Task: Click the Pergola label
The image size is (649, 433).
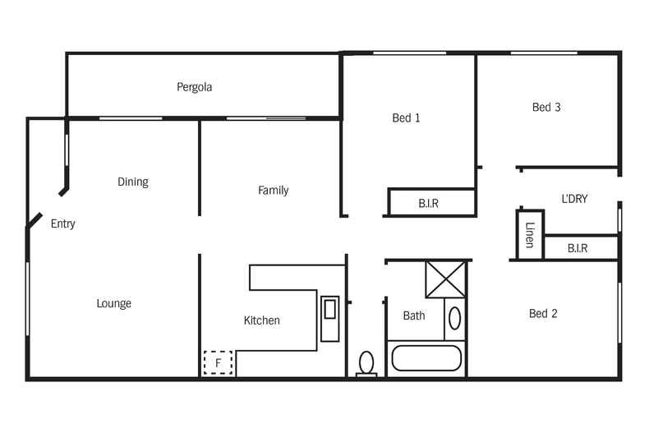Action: click(194, 87)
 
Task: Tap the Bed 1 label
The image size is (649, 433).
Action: click(406, 118)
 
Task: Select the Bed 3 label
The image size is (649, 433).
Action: click(546, 108)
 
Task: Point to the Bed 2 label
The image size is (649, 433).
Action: click(543, 314)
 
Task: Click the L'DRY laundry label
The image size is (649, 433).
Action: click(574, 199)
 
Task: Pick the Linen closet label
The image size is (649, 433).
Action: click(530, 235)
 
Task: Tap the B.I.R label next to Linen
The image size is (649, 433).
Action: click(578, 248)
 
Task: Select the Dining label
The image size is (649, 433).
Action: click(132, 182)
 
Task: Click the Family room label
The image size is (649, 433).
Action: click(273, 191)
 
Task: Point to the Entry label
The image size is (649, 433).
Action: click(63, 223)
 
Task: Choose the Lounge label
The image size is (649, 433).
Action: click(113, 304)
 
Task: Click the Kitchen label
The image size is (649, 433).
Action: click(261, 320)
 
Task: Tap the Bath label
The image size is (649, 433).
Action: click(414, 316)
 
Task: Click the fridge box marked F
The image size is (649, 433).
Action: click(219, 362)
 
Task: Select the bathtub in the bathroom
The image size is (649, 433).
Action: click(426, 358)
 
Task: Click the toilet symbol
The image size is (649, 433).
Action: click(366, 362)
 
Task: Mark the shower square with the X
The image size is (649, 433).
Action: click(445, 279)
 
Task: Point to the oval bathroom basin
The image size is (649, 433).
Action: click(454, 319)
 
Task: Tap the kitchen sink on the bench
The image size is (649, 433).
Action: click(329, 310)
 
